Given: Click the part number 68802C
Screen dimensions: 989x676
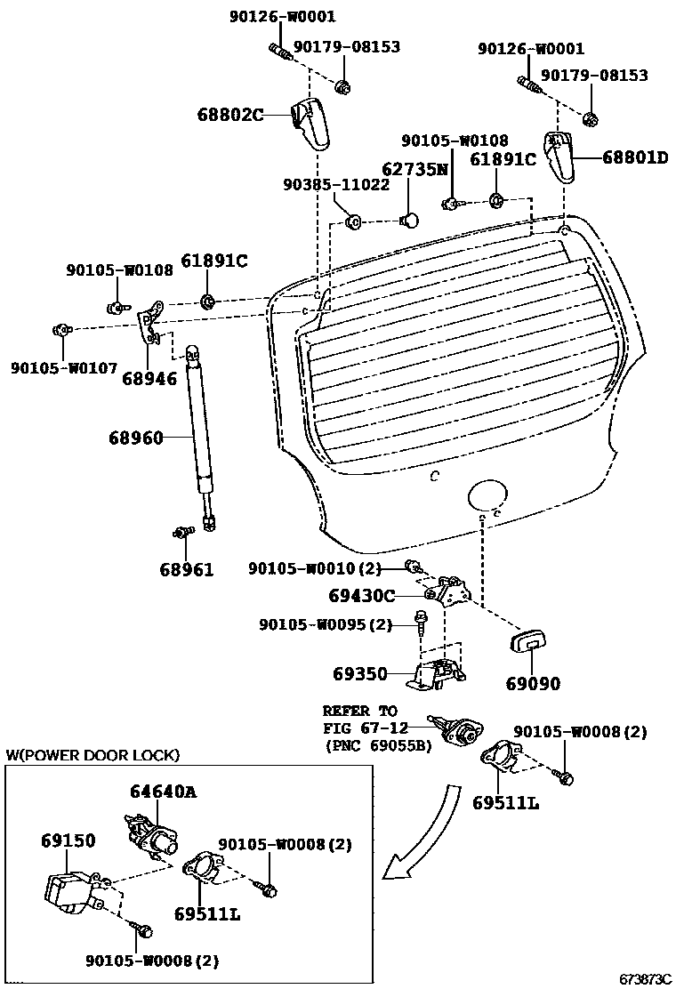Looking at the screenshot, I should pos(230,114).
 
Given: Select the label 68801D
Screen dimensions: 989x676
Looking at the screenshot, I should pos(634,157).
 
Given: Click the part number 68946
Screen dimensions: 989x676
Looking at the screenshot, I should pos(157,378).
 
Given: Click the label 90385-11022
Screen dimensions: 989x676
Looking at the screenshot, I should pos(336,185).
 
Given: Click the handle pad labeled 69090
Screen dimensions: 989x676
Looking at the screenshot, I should pos(531,642).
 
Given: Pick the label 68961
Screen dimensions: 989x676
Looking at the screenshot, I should pos(187,569).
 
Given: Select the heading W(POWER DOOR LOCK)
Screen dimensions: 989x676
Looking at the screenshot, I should pos(93,755).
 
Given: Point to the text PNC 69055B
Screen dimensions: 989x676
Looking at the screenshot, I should pos(378,744).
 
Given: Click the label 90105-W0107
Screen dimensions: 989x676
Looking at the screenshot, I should pos(64,367).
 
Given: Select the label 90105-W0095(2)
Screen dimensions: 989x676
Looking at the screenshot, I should pos(326,625).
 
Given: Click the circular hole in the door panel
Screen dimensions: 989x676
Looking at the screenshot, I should pos(487,494).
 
